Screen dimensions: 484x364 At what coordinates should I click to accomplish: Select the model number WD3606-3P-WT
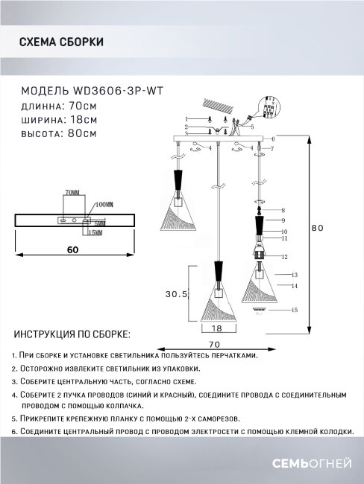click(x=119, y=89)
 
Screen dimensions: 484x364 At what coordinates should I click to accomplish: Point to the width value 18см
click(x=82, y=119)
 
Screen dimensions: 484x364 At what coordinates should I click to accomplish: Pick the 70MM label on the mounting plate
click(x=72, y=193)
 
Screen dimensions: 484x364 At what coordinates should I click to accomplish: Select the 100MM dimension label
click(x=104, y=203)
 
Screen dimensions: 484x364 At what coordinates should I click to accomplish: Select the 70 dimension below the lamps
click(x=216, y=343)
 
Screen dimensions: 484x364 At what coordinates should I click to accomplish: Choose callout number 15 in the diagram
click(x=295, y=309)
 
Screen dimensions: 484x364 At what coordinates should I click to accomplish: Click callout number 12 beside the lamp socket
click(x=285, y=256)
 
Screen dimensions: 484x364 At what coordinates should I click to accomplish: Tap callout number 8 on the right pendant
click(x=284, y=211)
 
